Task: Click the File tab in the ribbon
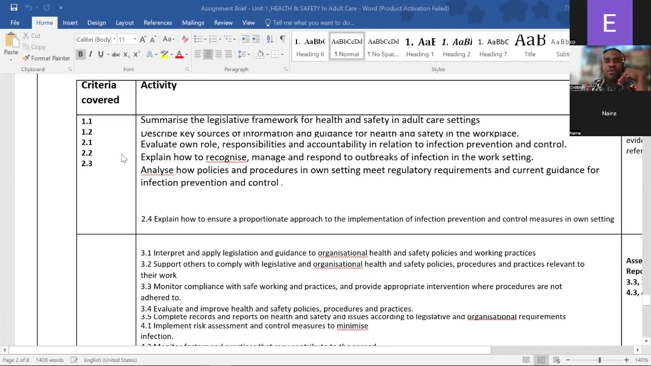click(15, 22)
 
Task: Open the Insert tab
click(70, 22)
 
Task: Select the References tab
click(158, 22)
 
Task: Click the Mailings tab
click(193, 22)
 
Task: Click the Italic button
click(91, 54)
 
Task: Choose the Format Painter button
click(46, 58)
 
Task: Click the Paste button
click(11, 46)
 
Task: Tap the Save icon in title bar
click(14, 8)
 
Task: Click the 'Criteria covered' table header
click(100, 93)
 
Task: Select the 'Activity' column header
click(159, 85)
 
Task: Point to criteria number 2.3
click(87, 164)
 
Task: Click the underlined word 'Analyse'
click(157, 170)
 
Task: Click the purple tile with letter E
click(609, 23)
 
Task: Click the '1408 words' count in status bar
click(49, 360)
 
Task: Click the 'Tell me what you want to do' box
click(313, 22)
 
